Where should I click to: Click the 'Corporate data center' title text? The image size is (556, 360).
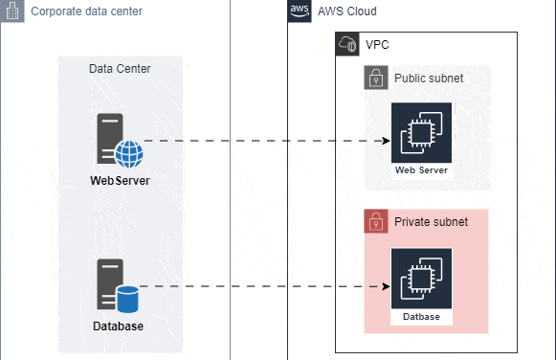point(86,11)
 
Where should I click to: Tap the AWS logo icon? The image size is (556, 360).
point(299,11)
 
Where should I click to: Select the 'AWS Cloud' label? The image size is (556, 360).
point(347,11)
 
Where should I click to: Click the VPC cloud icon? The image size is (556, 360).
point(346,45)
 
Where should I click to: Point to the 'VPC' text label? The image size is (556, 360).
point(378,45)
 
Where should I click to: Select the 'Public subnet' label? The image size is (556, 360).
point(429,78)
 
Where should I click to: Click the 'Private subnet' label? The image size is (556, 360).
point(431,222)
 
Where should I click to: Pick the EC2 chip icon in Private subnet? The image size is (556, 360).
point(421,279)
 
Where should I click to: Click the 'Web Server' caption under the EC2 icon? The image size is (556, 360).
point(421,170)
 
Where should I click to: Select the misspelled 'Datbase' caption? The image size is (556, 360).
point(421,316)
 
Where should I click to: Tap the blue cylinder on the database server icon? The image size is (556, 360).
point(127,299)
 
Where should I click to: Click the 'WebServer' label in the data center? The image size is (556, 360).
point(120,180)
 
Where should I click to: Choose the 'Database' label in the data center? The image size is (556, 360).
point(119,326)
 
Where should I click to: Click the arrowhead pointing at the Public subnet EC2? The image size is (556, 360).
point(387,141)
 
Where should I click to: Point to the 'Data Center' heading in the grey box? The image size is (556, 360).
point(120,68)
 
